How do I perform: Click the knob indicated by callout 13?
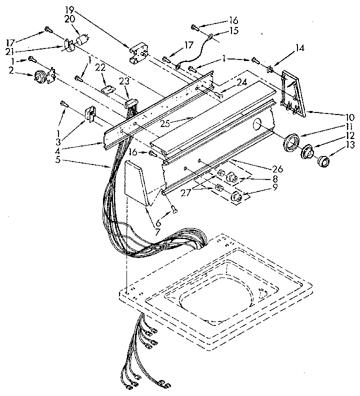324,161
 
